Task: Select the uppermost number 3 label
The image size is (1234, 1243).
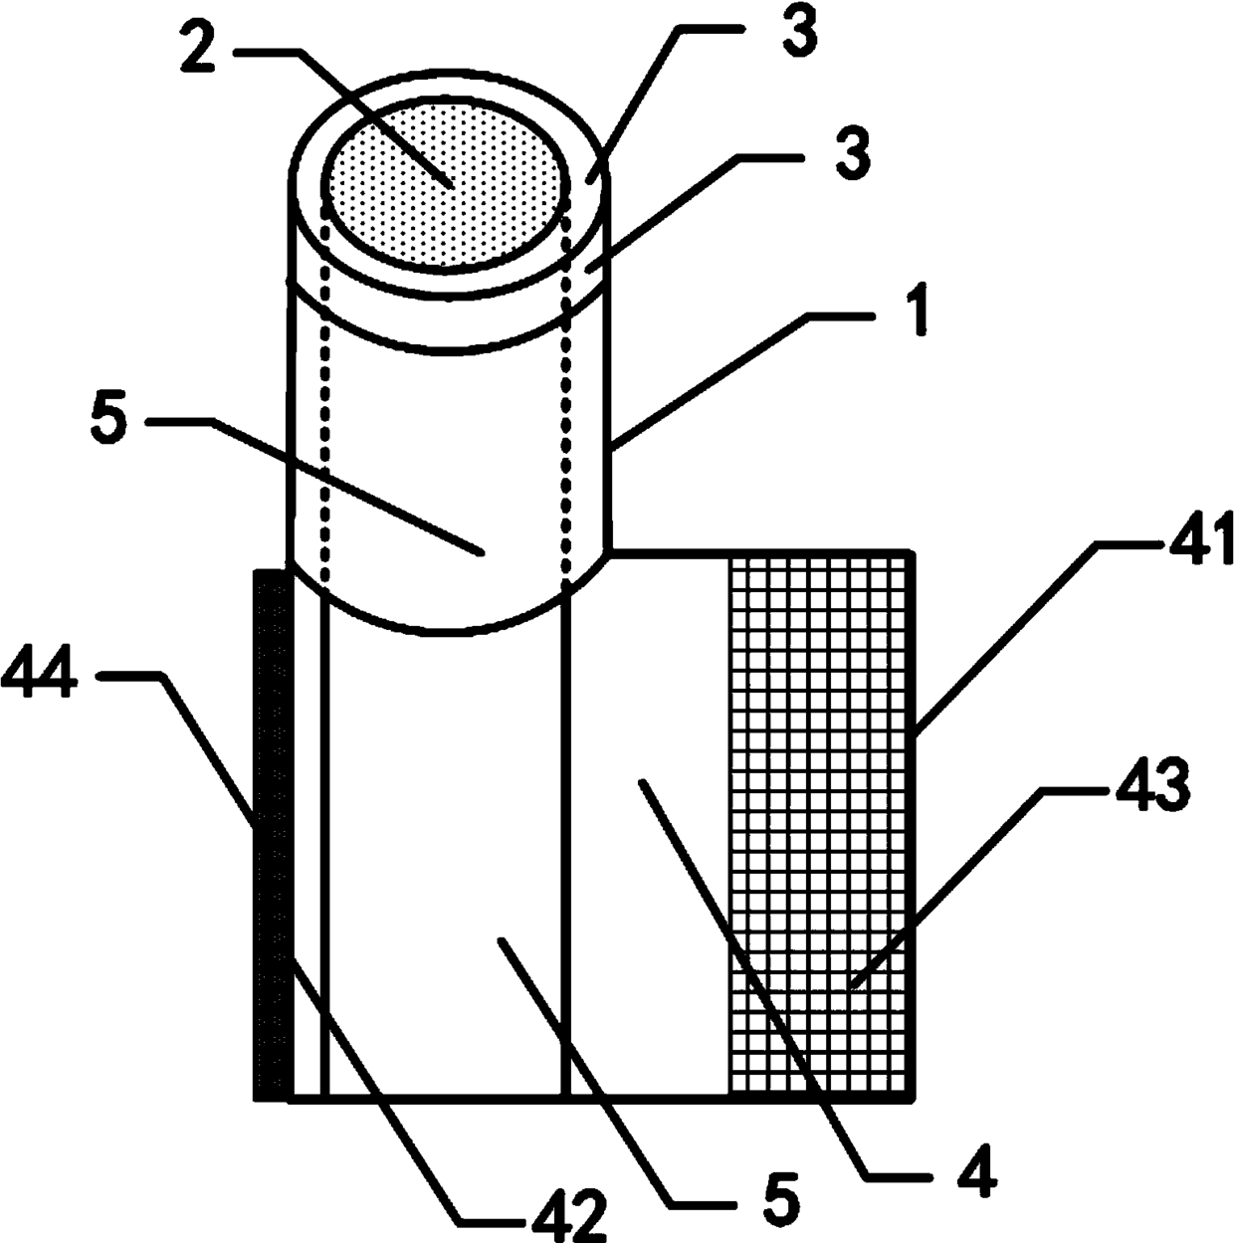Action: tap(797, 30)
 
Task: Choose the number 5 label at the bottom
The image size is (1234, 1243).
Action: tap(781, 1202)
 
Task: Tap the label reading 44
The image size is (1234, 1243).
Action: tap(39, 682)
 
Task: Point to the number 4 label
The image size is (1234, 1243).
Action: tap(976, 1172)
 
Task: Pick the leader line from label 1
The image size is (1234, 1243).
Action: tap(717, 378)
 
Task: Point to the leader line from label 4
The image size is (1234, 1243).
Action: tap(756, 975)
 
